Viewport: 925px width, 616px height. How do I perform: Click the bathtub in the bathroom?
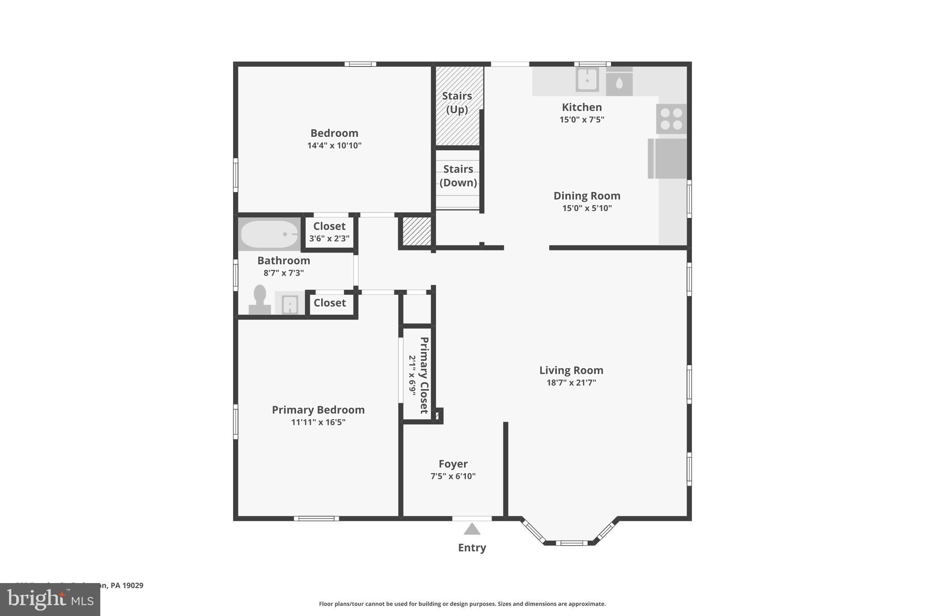coord(269,234)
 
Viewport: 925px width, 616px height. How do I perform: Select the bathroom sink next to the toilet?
coord(290,304)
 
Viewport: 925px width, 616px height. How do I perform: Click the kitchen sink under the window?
coord(587,80)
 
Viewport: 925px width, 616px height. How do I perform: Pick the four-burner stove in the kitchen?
coord(671,119)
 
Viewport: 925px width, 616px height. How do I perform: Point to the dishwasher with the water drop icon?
coord(619,82)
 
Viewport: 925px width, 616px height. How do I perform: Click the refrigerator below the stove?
coord(667,158)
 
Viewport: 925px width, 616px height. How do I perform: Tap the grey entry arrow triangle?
coord(472,529)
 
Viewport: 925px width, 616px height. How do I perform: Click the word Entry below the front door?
coord(472,547)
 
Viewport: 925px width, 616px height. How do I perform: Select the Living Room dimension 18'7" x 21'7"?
coord(571,383)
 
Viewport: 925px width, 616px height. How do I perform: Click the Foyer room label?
coord(453,464)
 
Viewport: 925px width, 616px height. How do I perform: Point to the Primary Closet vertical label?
coord(424,375)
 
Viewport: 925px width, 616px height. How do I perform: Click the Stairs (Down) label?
coord(458,176)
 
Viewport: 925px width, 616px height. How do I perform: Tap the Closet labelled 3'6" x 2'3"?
coord(329,232)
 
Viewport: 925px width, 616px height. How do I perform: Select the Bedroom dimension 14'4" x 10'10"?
coord(334,145)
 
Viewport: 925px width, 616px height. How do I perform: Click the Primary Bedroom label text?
coord(318,410)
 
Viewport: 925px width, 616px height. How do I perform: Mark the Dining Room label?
coord(587,196)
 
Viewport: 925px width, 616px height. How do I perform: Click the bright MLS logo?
coord(50,599)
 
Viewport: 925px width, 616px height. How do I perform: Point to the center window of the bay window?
coord(571,542)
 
